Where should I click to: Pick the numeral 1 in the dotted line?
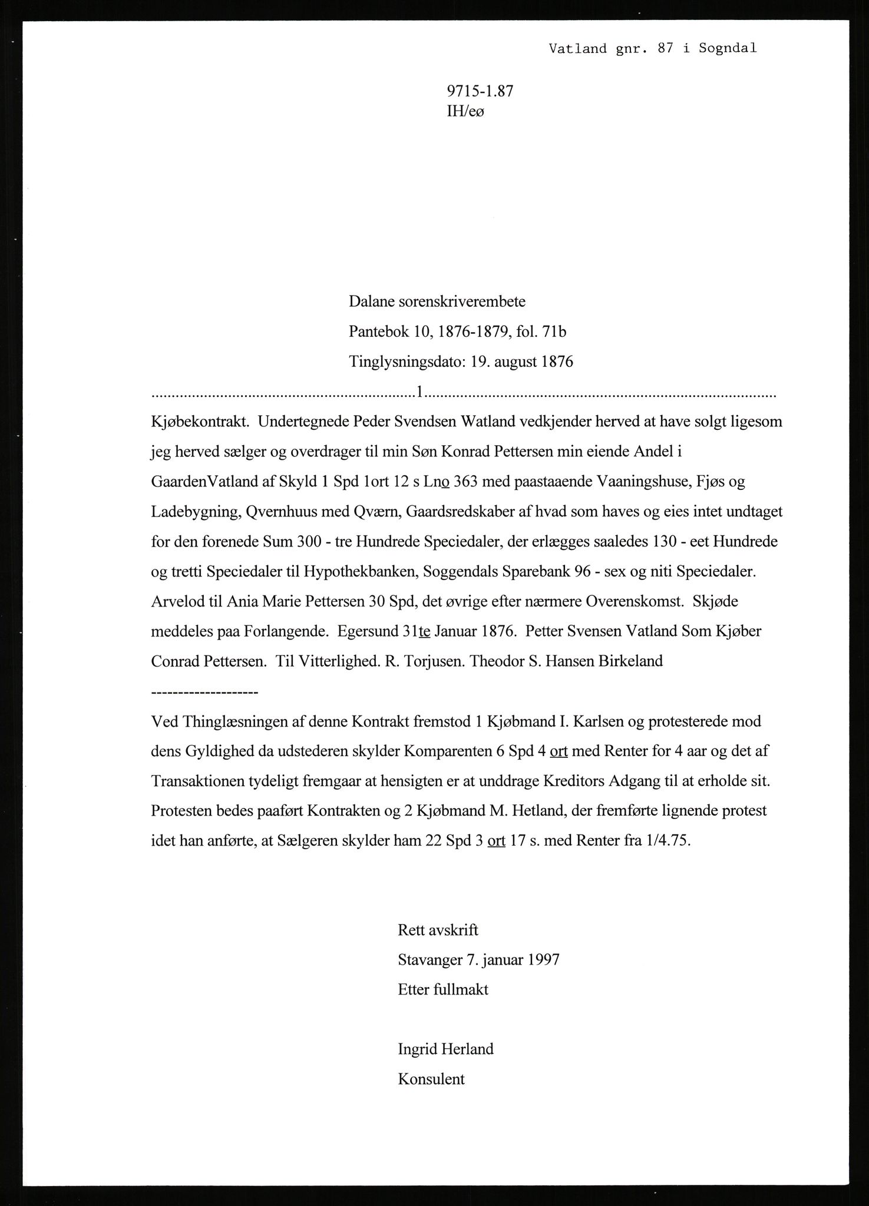pyautogui.click(x=419, y=391)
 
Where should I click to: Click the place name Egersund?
pyautogui.click(x=366, y=632)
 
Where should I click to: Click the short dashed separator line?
pyautogui.click(x=204, y=692)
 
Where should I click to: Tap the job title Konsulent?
pyautogui.click(x=431, y=1079)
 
